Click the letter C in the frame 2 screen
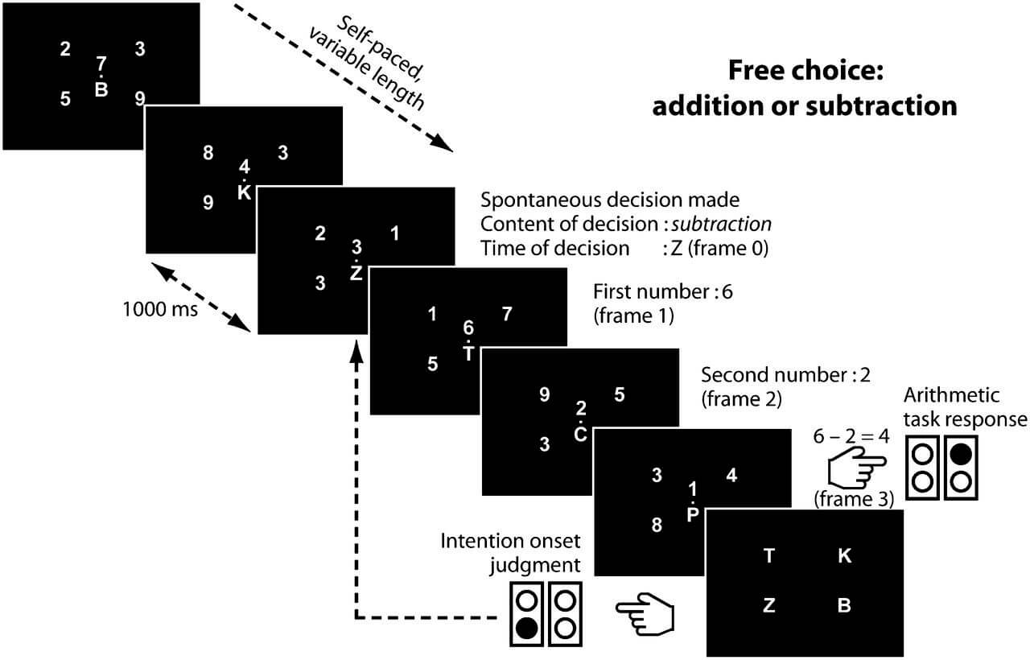(x=579, y=435)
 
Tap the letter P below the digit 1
(x=692, y=515)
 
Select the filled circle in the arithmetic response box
(x=960, y=454)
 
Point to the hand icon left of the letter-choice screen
(x=645, y=613)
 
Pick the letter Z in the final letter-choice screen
(x=768, y=606)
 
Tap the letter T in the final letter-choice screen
(x=768, y=556)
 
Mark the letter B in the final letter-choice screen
(x=844, y=606)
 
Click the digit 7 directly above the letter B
(x=101, y=63)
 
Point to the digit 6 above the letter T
(x=468, y=328)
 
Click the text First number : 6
(x=663, y=291)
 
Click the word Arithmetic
(x=951, y=395)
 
